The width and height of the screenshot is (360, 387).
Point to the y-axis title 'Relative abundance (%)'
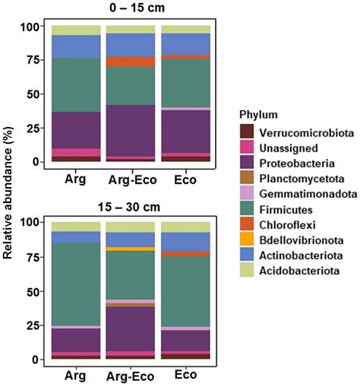(x=10, y=194)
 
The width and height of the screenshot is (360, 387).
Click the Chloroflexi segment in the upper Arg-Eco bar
(x=129, y=62)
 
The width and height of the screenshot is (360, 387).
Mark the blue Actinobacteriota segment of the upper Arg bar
(x=75, y=46)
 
